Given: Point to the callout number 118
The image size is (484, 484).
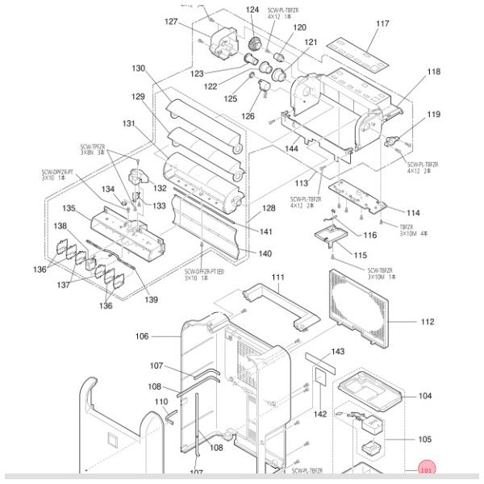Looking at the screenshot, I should pos(434,73).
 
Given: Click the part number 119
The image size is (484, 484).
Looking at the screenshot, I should pos(434,115).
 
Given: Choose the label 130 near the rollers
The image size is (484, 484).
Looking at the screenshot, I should pos(139,69).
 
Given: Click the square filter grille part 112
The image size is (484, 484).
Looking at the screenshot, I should pos(361,308).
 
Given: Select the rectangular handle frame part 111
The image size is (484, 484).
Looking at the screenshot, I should pos(277,305).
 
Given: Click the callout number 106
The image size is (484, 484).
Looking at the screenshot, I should pos(142,336).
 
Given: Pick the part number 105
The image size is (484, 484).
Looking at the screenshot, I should pos(426,440).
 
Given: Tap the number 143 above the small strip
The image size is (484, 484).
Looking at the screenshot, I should pos(338,352).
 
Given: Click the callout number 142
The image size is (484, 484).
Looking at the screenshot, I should pos(321,414).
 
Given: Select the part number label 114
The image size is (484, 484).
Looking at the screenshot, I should pos(412,213).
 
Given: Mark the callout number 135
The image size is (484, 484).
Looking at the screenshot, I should pos(70,209).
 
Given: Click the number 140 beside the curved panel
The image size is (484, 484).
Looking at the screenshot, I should pos(265,253).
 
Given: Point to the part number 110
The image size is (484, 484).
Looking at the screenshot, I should pos(161,402).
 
